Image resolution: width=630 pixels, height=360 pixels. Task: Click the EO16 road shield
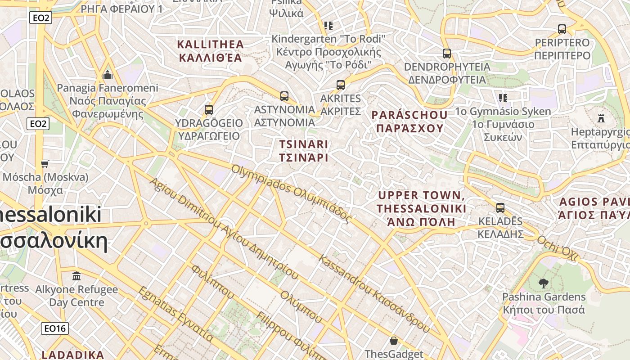coord(55,328)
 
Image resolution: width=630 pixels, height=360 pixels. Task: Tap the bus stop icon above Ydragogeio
coord(208,109)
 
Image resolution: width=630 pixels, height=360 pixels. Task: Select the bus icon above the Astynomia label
coord(284,96)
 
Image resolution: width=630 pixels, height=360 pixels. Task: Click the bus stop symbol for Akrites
coord(341,85)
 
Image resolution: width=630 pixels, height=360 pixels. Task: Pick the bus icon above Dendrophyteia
coord(446,53)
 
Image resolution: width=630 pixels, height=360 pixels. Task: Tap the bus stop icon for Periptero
coord(562,29)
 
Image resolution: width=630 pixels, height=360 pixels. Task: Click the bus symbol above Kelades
coord(500,208)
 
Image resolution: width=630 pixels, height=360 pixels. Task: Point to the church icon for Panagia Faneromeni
coord(108,74)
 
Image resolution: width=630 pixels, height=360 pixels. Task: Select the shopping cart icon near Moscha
coord(45,163)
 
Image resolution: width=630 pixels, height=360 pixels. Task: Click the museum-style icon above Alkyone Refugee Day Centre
coord(76,275)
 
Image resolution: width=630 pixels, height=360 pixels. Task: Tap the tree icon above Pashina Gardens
coord(544,283)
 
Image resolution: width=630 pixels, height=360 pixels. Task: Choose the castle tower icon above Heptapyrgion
coord(601,118)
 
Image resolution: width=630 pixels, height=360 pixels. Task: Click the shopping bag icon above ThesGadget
coord(394,341)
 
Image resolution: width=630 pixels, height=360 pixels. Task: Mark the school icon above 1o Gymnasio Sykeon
coord(503,98)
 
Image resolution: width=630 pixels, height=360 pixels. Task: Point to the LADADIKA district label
coord(73,355)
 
